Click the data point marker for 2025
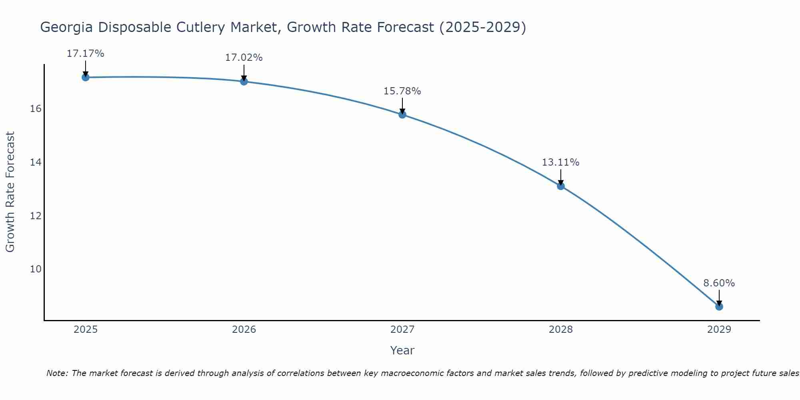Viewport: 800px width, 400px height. pos(86,77)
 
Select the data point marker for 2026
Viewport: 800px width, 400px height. pos(244,82)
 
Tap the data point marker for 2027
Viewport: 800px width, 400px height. pos(402,115)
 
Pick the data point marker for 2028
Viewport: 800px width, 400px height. pos(561,186)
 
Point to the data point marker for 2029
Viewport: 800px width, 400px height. pos(719,307)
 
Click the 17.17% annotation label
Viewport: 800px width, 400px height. pos(85,54)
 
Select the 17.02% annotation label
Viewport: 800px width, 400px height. pos(244,58)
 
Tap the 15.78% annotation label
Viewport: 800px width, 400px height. pos(402,91)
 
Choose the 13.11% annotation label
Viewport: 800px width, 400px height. pos(560,162)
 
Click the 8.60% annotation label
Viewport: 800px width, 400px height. pos(719,283)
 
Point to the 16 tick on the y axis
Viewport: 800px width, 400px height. pos(36,109)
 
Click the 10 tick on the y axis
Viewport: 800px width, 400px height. pos(36,269)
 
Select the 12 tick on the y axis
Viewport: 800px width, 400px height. pos(36,216)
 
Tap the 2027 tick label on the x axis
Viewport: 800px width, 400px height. pos(402,330)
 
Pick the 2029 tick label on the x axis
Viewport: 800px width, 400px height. pos(719,330)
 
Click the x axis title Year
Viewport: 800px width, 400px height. pos(402,350)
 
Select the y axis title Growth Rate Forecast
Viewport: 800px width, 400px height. pos(10,192)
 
